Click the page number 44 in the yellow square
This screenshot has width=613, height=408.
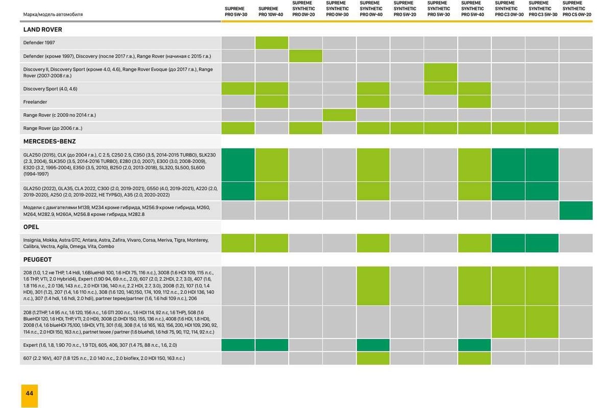tap(29, 393)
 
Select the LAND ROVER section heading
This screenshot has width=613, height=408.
tap(42, 30)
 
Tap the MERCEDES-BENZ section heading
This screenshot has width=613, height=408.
tap(50, 141)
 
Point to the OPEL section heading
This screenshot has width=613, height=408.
tap(31, 227)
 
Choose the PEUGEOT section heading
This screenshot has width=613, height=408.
tap(37, 260)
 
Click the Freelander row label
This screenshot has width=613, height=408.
tap(35, 102)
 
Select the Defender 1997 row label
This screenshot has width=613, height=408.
tap(39, 43)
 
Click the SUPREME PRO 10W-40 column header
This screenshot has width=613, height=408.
tap(271, 12)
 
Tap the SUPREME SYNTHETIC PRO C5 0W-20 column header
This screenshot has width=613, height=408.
tap(577, 9)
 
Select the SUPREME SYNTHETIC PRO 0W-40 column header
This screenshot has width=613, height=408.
tap(371, 9)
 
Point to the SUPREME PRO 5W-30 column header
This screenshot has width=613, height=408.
tap(238, 12)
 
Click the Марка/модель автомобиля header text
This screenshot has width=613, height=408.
tap(53, 15)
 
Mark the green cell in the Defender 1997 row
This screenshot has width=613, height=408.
tap(271, 43)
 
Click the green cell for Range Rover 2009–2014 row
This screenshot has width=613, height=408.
tap(339, 115)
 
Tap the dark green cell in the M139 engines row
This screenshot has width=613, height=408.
tap(576, 211)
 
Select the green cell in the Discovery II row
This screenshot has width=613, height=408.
tap(440, 72)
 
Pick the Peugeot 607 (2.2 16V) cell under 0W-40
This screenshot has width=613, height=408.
tap(373, 358)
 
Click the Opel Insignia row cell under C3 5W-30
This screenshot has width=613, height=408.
tap(541, 243)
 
